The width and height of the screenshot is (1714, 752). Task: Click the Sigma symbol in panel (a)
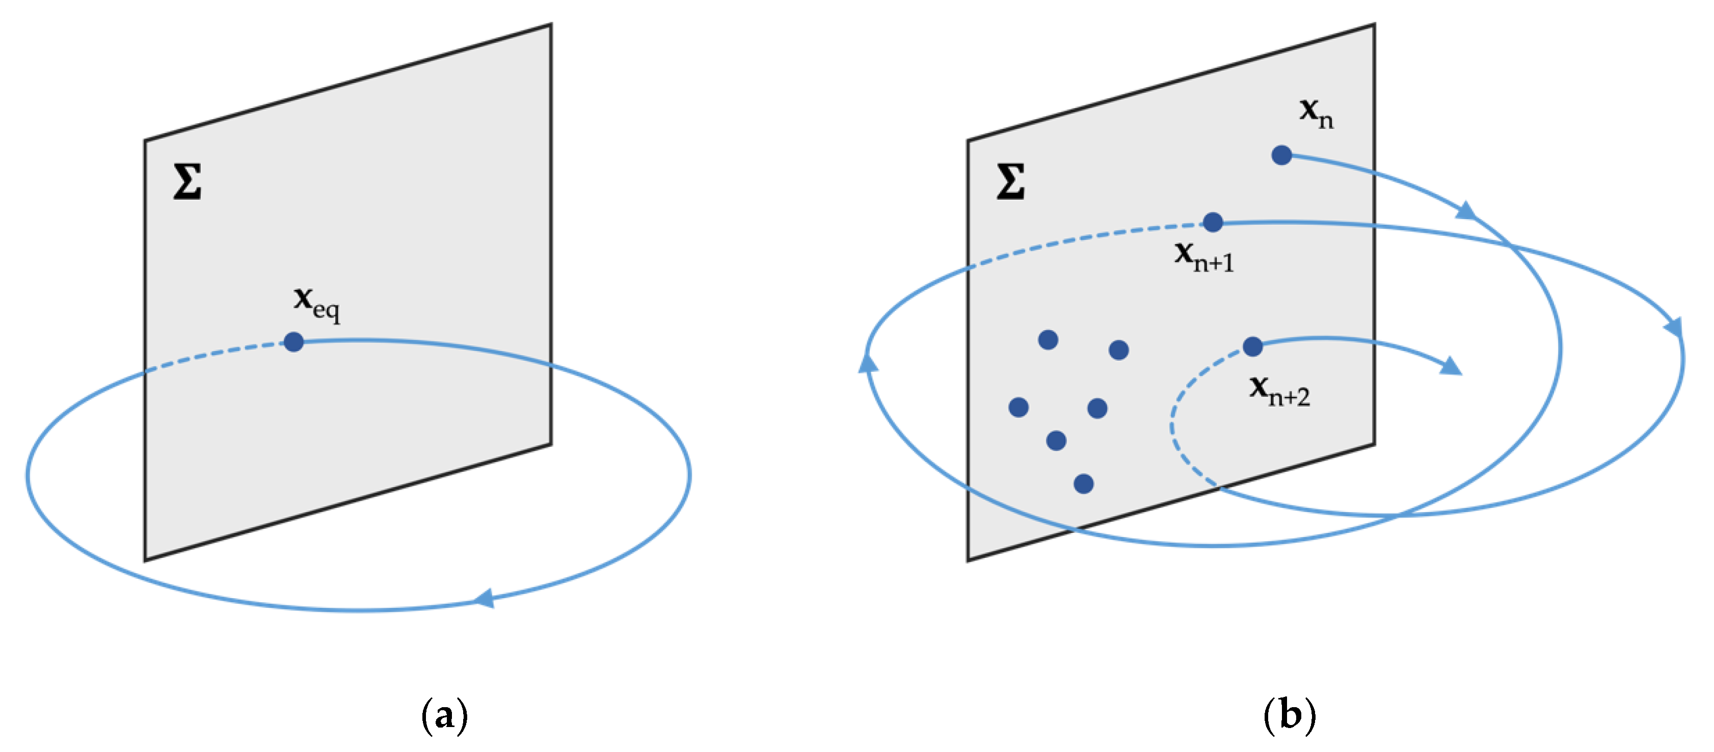tap(187, 182)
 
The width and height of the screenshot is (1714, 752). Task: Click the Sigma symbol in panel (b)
tap(1010, 182)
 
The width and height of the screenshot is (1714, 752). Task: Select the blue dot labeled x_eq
tap(293, 342)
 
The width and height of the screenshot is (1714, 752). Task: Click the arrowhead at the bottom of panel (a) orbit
tap(484, 598)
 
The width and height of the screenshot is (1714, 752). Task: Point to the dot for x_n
tap(1281, 155)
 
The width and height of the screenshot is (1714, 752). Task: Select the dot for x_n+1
tap(1212, 222)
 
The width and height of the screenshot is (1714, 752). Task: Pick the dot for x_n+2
tap(1252, 346)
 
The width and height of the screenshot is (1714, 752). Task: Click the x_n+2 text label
tap(1279, 391)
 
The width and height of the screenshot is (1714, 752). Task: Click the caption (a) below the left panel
tap(444, 715)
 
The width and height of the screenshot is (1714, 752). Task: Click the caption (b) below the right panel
tap(1289, 715)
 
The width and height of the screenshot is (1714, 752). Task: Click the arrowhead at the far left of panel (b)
tap(868, 363)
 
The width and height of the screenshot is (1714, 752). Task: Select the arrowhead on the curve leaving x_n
tap(1466, 211)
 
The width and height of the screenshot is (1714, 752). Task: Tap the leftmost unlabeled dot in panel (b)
tap(1018, 407)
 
